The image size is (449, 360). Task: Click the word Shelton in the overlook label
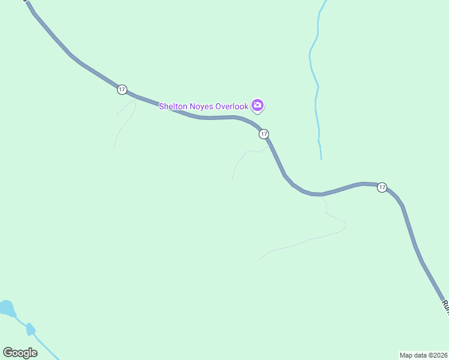point(174,106)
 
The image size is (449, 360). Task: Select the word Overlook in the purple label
point(232,106)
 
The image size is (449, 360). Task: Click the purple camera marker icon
point(258,106)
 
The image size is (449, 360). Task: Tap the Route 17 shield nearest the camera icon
point(264,134)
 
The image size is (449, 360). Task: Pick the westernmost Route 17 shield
point(122,89)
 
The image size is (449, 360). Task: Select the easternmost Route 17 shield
point(382,188)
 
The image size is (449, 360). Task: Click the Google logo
point(20,353)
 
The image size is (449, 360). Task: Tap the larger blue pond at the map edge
point(7,308)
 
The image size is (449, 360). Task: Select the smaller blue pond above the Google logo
point(31,329)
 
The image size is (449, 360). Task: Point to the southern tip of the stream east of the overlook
point(321,158)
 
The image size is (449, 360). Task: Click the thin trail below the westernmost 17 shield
point(124,123)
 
